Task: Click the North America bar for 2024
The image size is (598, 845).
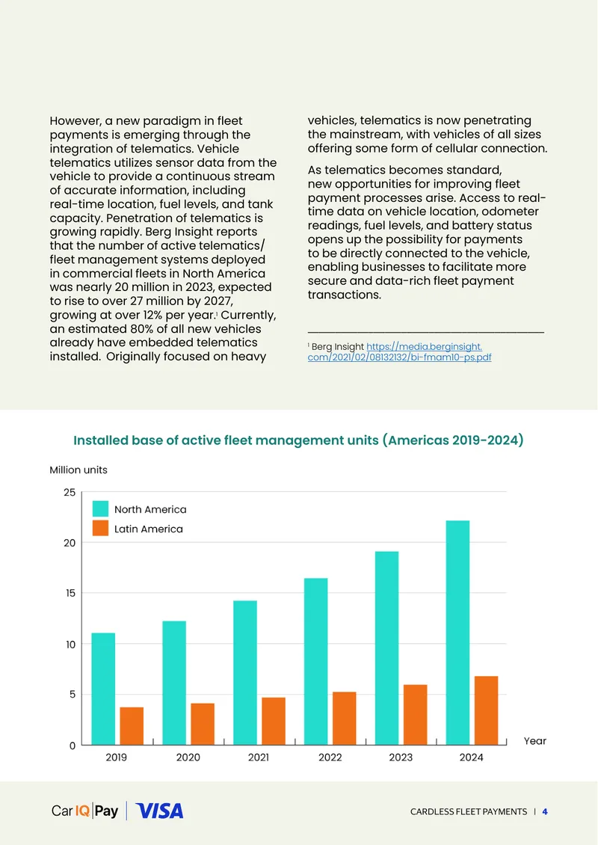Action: (x=457, y=633)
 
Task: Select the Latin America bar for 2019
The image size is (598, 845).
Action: (x=132, y=726)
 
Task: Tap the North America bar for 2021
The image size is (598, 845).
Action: (x=245, y=672)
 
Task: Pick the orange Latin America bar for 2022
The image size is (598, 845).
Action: (x=345, y=719)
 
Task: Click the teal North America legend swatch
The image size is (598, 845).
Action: (x=100, y=508)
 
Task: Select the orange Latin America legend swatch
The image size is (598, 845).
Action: (x=100, y=528)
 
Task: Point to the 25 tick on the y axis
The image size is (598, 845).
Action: (x=70, y=492)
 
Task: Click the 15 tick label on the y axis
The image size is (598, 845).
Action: (x=70, y=593)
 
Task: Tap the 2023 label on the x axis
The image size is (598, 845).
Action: (x=401, y=758)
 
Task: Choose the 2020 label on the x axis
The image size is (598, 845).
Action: (x=188, y=758)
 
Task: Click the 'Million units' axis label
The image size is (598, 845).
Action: (x=78, y=470)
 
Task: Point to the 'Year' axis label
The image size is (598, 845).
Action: (x=535, y=741)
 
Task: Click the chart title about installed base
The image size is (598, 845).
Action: (x=298, y=440)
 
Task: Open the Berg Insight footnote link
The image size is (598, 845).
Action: (x=399, y=352)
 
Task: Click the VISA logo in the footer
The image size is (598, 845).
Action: (x=159, y=811)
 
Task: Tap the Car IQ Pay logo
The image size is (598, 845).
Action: (x=84, y=811)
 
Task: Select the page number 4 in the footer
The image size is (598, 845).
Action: (x=545, y=811)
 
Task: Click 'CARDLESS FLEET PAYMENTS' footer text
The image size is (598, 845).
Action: (x=469, y=811)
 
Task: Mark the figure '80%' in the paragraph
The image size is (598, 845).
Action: (x=141, y=329)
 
